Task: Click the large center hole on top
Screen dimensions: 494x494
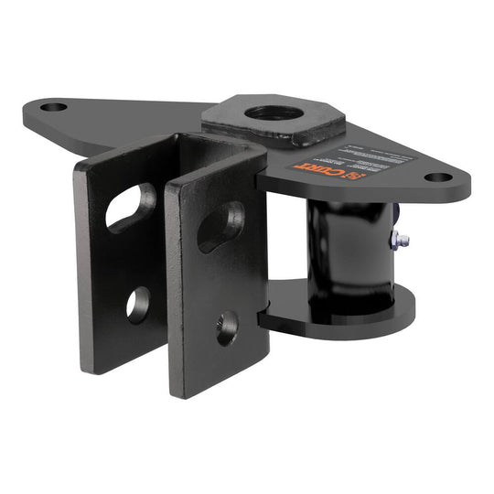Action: pos(274,113)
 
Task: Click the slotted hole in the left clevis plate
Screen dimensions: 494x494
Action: pos(131,205)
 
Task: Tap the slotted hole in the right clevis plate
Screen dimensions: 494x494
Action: pos(220,225)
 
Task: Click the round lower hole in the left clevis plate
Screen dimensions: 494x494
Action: pos(138,304)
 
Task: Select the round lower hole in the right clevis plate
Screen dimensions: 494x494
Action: pos(226,328)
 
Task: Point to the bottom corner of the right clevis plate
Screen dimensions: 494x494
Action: pos(203,395)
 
